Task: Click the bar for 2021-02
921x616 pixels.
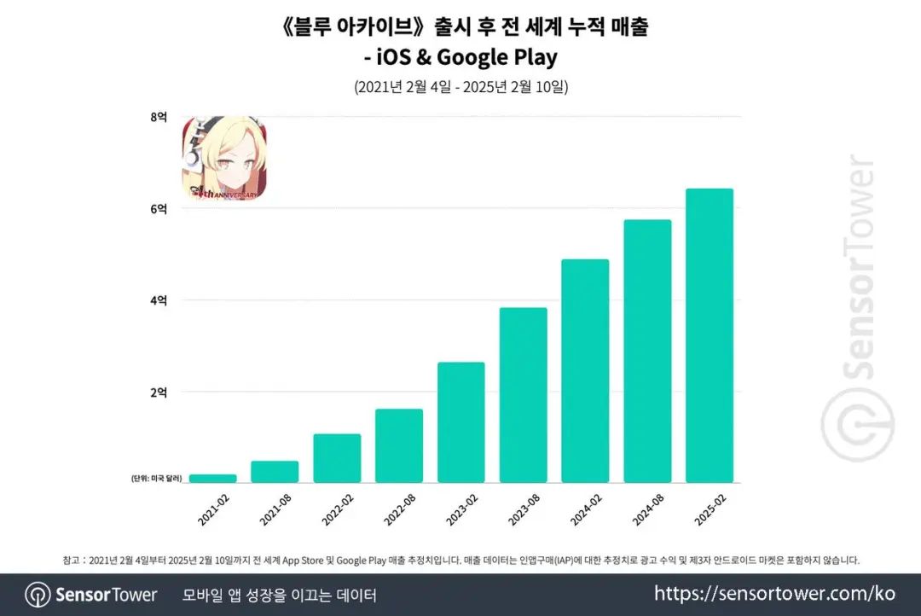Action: pos(212,479)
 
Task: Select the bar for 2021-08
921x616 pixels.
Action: pos(275,472)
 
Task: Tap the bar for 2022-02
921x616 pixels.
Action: pos(337,458)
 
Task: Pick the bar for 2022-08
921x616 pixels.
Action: pos(399,446)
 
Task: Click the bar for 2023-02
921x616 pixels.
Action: pos(460,422)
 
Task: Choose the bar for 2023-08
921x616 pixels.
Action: pos(523,395)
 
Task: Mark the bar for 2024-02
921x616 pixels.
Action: pos(585,371)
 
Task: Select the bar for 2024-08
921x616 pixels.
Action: pos(647,352)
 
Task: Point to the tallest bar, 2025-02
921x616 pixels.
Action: pos(710,335)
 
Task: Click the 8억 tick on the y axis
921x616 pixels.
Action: pos(159,117)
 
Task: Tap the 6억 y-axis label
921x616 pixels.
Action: pos(159,209)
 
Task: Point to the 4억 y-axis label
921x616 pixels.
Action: pos(159,300)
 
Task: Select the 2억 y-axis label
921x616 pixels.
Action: pos(159,392)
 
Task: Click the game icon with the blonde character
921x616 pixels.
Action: pos(223,159)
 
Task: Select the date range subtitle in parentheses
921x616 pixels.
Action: pos(460,87)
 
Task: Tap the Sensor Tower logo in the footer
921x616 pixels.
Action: pos(91,595)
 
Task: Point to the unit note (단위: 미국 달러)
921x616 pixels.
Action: pos(158,479)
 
